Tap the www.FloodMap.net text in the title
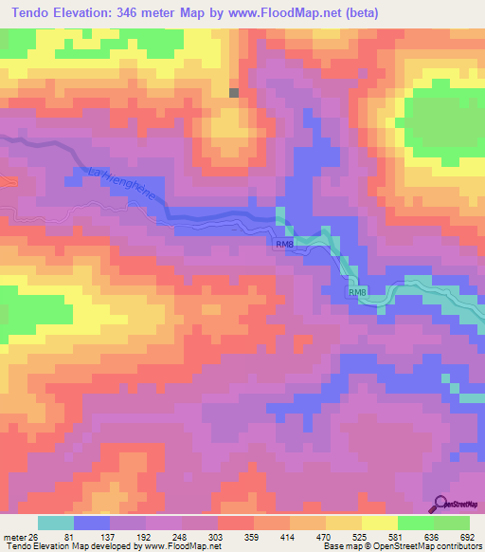(325, 12)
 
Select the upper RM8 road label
(285, 246)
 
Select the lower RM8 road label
(357, 293)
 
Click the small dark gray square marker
(235, 92)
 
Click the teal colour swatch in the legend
(56, 524)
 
